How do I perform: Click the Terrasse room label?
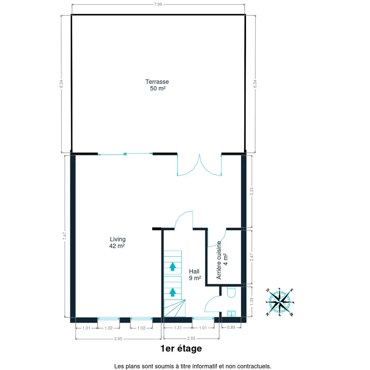157,85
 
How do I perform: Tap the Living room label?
117,242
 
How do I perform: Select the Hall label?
195,275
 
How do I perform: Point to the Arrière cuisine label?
222,260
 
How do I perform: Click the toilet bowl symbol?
231,292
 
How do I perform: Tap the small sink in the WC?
231,314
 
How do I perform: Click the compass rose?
280,302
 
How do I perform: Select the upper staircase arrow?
173,266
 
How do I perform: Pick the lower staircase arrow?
173,292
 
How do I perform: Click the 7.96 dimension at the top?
158,4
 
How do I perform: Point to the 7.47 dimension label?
64,236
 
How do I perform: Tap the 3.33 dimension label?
251,192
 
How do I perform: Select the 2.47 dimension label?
251,257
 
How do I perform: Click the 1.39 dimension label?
251,302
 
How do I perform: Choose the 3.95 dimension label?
118,339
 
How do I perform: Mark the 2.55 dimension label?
191,338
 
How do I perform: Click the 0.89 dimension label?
231,327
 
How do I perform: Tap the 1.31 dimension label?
178,327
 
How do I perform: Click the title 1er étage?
181,349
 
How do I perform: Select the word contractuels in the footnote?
254,366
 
